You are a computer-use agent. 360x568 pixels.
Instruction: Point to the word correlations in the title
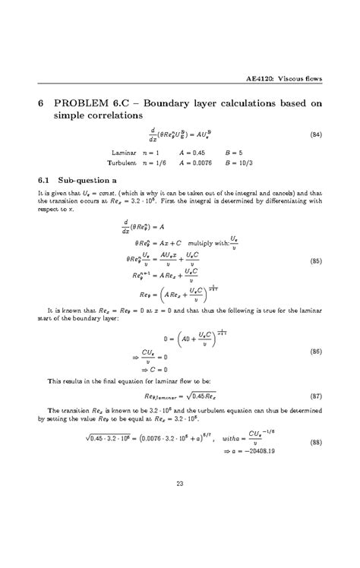click(113, 116)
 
